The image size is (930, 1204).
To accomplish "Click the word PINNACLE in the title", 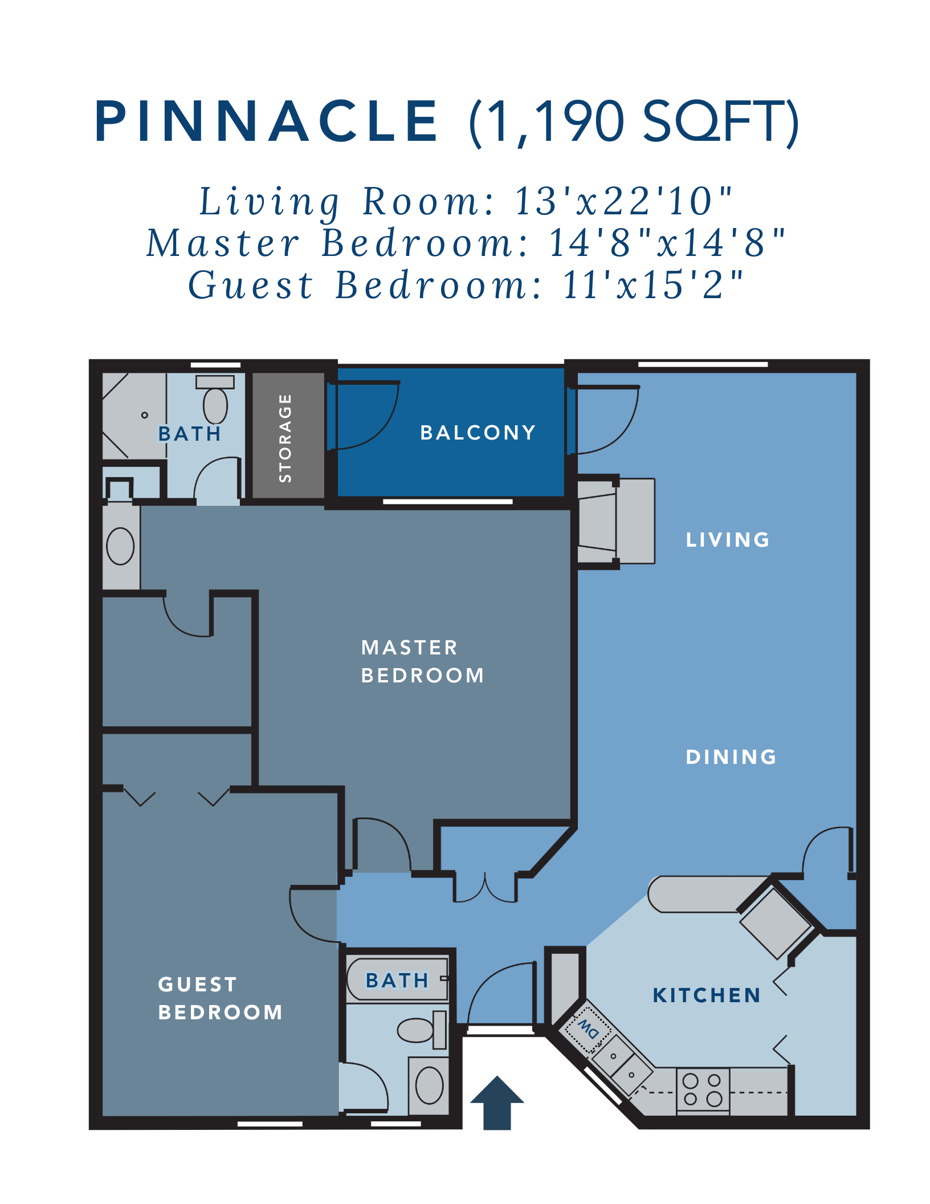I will (x=266, y=121).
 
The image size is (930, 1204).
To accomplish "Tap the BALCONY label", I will (x=478, y=433).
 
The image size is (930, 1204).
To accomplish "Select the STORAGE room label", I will (x=285, y=438).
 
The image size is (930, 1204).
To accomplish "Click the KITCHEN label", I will (x=707, y=995).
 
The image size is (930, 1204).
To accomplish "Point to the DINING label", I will (x=731, y=757).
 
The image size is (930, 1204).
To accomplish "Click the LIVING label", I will (x=728, y=540).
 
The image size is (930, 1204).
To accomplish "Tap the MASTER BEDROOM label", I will (x=422, y=661).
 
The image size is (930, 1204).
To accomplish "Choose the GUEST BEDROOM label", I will (x=220, y=998).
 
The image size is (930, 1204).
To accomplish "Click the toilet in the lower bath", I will (x=422, y=1030).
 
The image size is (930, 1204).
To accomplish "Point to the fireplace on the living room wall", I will (x=615, y=521).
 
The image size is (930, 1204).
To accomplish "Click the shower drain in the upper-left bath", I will (x=145, y=415).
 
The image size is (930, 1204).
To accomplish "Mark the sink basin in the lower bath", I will (x=429, y=1085).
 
